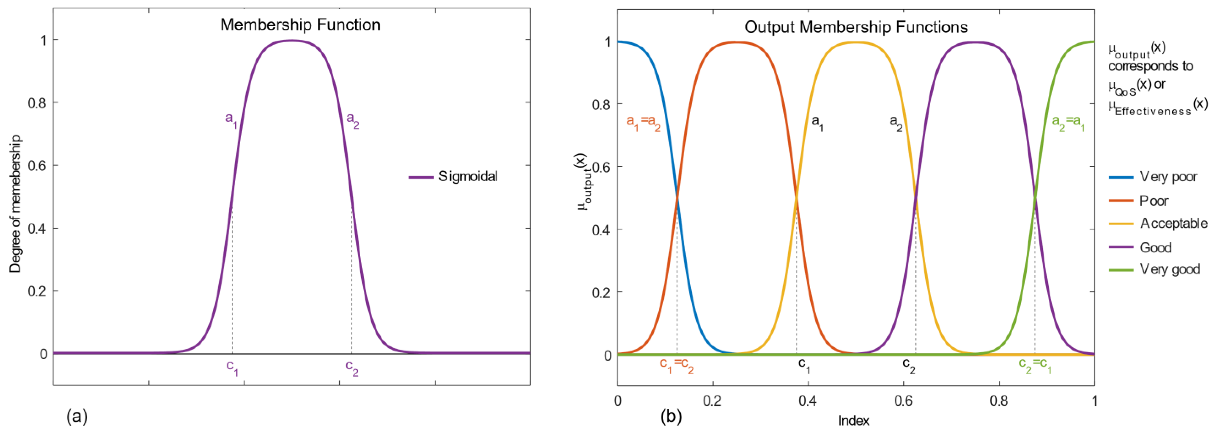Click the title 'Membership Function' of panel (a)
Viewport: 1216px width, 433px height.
[300, 25]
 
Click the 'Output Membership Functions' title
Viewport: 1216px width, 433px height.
[856, 27]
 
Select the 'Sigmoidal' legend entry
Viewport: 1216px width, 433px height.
[467, 176]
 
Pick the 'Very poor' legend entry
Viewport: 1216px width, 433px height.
[1168, 177]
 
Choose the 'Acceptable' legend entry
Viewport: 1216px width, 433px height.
[1173, 223]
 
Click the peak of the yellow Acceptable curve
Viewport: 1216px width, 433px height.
[856, 43]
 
